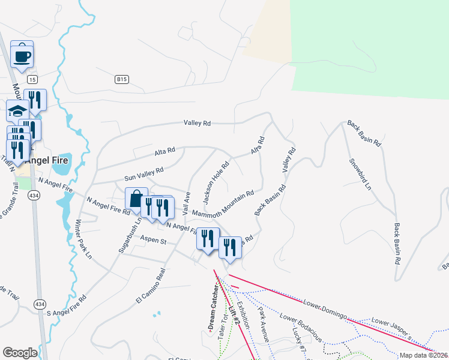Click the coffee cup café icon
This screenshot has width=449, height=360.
(22, 56)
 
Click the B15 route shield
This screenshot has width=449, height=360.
(122, 79)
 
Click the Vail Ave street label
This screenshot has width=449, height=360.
(188, 204)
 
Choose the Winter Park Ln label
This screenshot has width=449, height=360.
(83, 239)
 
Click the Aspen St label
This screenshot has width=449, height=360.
(152, 240)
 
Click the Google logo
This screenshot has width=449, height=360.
(19, 353)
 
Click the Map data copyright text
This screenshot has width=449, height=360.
(423, 355)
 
